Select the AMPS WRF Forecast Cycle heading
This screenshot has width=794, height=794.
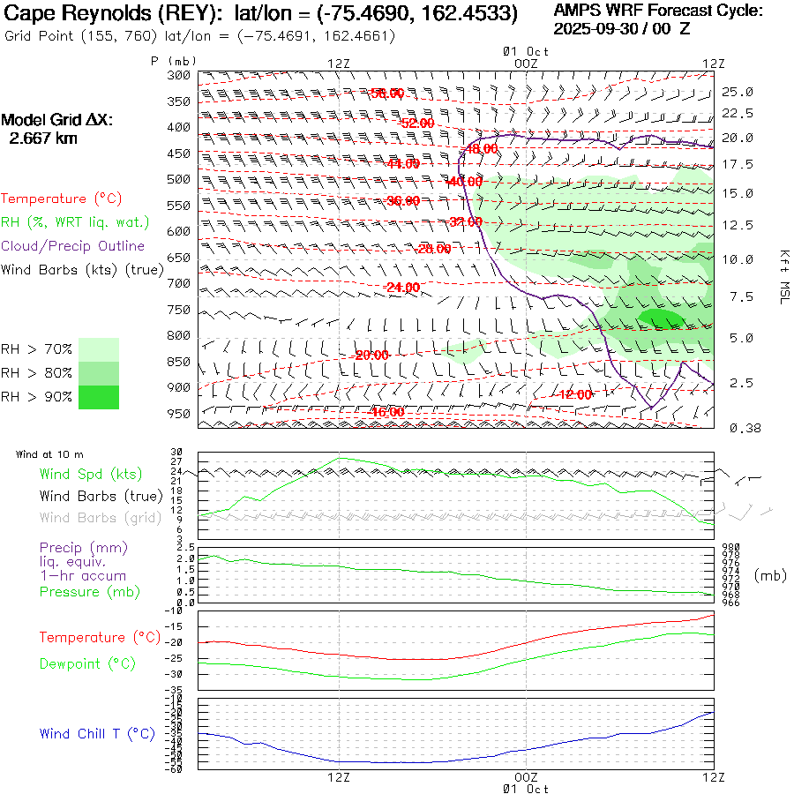[657, 11]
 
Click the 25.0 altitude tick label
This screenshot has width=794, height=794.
[738, 92]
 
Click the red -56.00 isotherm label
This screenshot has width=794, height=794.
[386, 94]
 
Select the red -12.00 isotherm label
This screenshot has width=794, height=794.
[575, 394]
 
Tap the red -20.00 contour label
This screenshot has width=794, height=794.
[371, 355]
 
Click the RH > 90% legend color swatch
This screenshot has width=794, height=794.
[99, 397]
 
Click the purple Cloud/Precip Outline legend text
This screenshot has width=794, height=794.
[72, 246]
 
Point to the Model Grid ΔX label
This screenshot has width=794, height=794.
[57, 120]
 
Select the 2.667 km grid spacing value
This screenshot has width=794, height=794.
[42, 138]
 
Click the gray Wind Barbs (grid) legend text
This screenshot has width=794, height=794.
[101, 518]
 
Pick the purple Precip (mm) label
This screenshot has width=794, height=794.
[78, 546]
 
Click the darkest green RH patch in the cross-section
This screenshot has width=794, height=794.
[659, 318]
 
